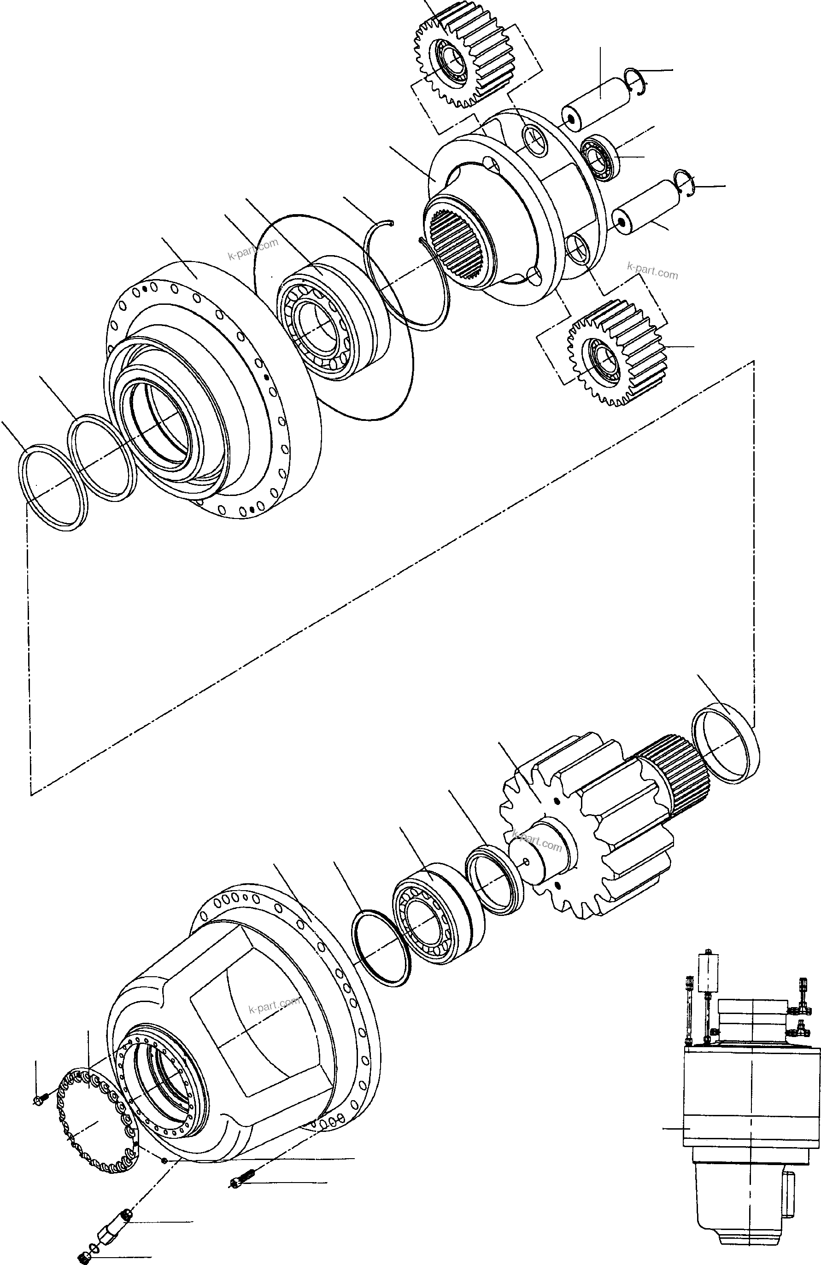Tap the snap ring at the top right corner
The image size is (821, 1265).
(x=635, y=82)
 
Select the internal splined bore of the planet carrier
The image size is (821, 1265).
(x=457, y=245)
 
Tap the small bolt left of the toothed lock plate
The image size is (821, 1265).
(x=41, y=1100)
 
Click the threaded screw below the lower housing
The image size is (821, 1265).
(x=242, y=1166)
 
